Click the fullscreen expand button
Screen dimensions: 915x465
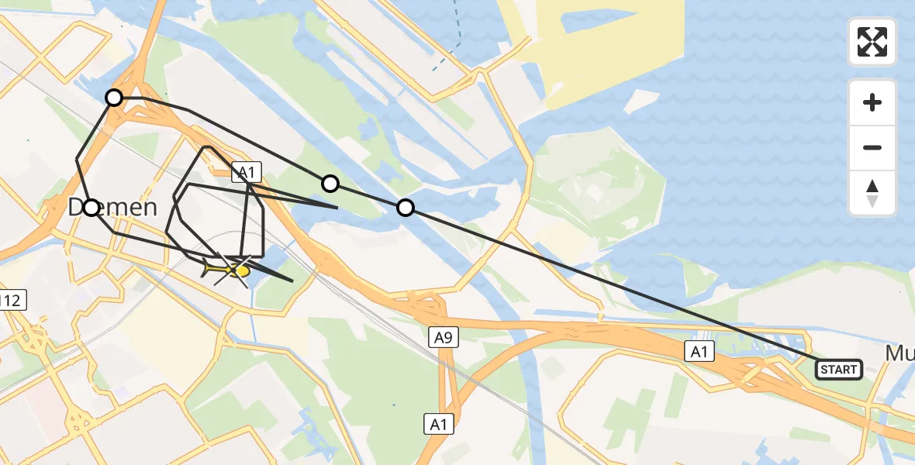(872, 42)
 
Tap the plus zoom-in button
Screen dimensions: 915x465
(872, 102)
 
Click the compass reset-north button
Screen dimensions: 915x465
(872, 193)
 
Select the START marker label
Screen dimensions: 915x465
(838, 370)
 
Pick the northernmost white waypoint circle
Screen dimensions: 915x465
(114, 98)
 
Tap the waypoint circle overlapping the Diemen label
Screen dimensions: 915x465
(91, 208)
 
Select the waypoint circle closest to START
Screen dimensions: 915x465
(406, 208)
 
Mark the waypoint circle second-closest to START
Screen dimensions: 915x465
(330, 184)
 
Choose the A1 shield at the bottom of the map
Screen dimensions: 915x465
(439, 424)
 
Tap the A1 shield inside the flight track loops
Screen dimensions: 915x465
(247, 172)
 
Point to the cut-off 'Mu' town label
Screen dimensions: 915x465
(900, 353)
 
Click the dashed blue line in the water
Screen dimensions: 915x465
(446, 58)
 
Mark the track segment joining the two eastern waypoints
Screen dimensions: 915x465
(368, 195)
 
